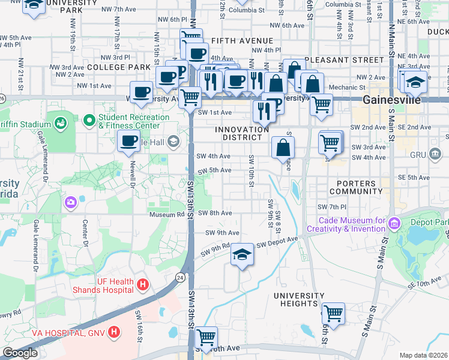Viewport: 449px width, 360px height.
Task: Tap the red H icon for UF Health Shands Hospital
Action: [142, 284]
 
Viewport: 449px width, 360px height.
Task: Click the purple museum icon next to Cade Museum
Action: [394, 224]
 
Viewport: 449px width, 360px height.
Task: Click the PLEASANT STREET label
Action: [344, 60]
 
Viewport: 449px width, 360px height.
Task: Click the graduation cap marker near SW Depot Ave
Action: [243, 254]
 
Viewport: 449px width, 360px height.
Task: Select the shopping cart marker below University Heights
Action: [333, 313]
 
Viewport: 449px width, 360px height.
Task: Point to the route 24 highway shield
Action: [180, 277]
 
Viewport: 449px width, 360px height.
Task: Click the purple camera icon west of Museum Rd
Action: [71, 203]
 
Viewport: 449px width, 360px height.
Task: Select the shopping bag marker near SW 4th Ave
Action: [283, 146]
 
